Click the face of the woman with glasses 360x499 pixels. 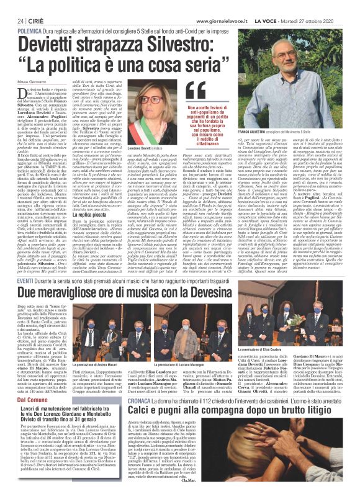click(164, 99)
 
